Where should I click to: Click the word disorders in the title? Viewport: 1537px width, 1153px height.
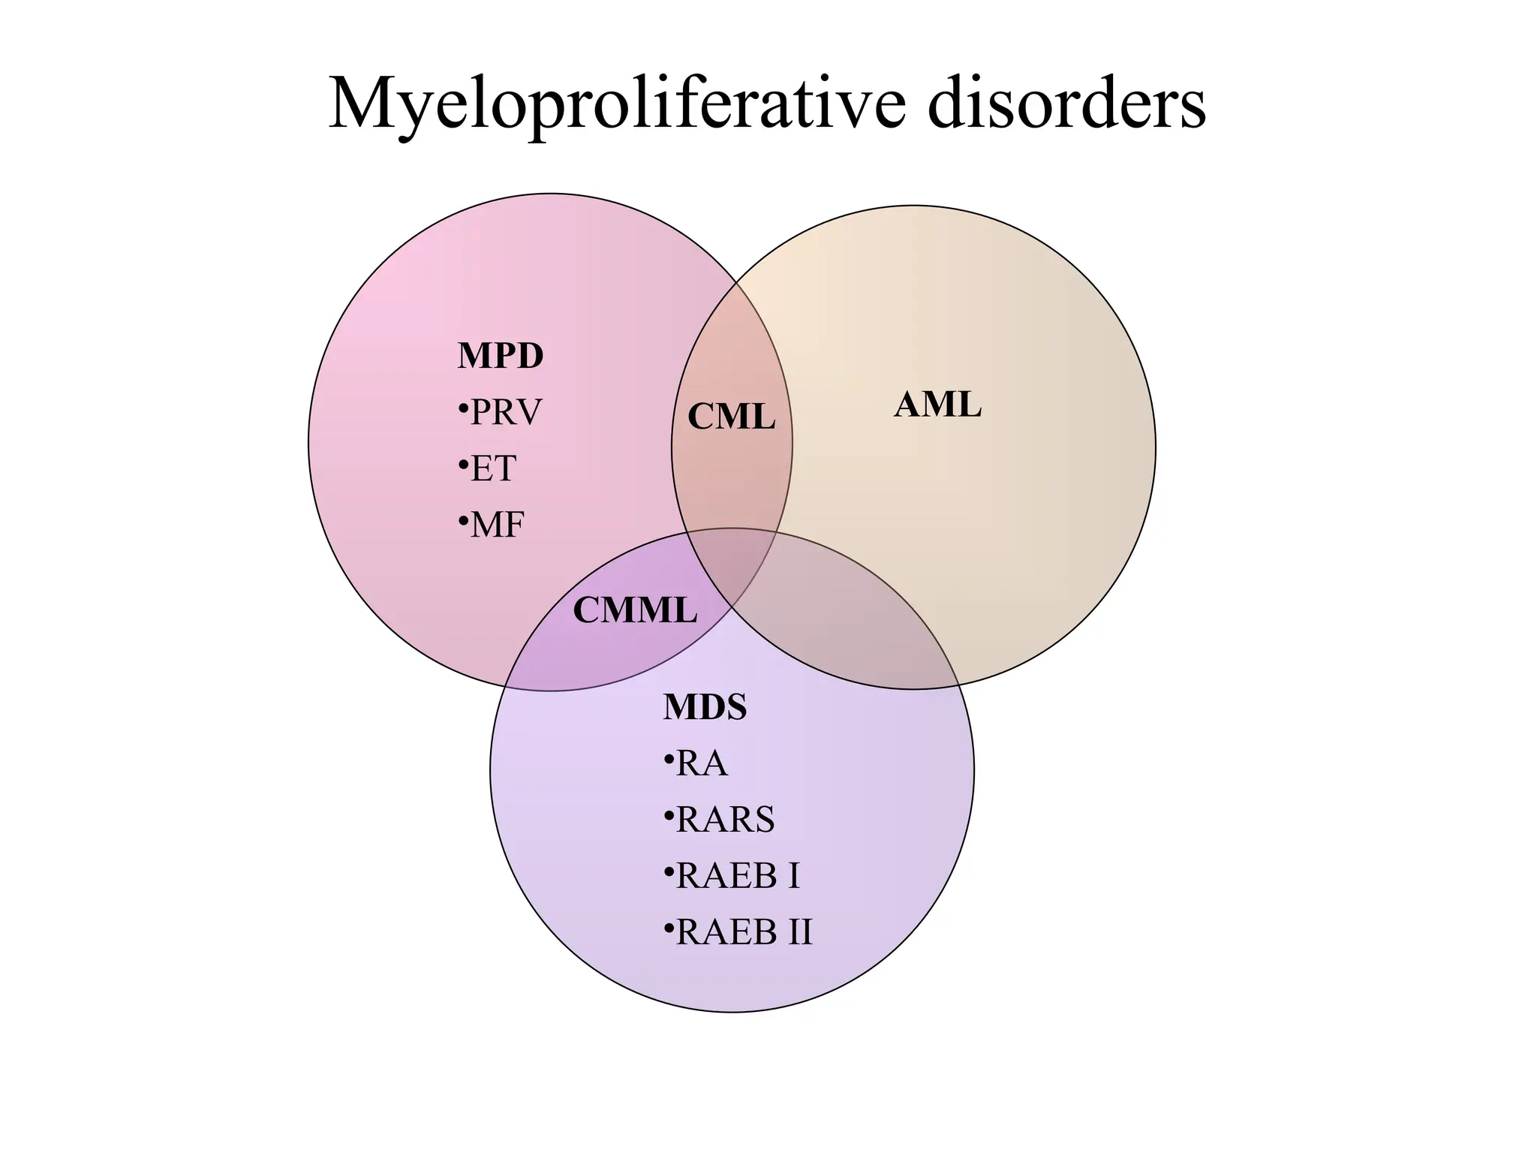(x=1066, y=105)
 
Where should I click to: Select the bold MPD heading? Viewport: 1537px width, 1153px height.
(x=500, y=356)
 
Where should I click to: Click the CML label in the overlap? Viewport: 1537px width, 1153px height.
(x=731, y=417)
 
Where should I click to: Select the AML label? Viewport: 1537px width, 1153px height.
(x=937, y=405)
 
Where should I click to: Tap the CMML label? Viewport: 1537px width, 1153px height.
(x=635, y=610)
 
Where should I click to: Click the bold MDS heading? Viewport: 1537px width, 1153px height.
(x=705, y=707)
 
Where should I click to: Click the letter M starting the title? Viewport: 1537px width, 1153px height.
(x=354, y=105)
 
